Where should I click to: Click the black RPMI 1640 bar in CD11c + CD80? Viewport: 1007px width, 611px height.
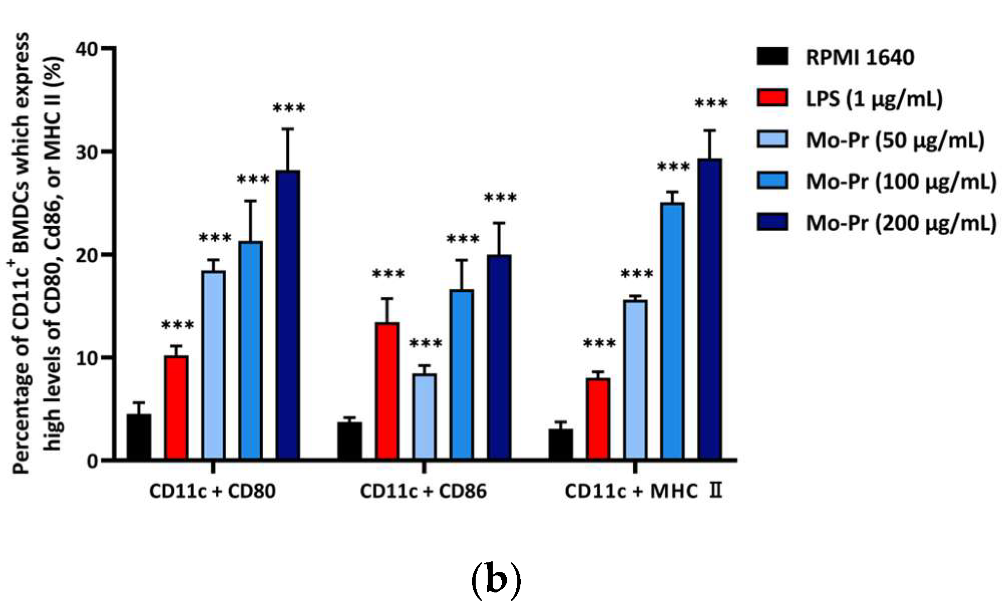139,436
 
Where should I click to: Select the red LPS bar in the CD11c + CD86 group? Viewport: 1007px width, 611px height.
387,391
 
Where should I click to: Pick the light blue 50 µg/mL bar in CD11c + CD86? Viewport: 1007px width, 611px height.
425,416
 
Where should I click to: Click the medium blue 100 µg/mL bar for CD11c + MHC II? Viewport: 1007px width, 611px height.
673,331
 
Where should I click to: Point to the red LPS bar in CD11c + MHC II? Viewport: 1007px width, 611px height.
598,419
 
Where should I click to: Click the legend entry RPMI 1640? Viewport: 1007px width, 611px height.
859,58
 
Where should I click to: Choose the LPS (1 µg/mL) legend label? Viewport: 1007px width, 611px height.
874,99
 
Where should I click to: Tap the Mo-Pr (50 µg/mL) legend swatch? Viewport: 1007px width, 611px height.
772,139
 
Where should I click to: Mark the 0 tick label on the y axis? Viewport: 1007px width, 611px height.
92,461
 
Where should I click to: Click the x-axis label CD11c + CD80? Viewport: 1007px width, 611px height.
213,491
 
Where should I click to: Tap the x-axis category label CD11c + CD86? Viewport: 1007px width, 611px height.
424,491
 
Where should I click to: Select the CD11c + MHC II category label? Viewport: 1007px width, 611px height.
643,491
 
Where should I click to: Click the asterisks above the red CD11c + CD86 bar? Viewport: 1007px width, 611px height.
388,274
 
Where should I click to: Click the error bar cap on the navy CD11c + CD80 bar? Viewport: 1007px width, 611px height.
288,129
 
